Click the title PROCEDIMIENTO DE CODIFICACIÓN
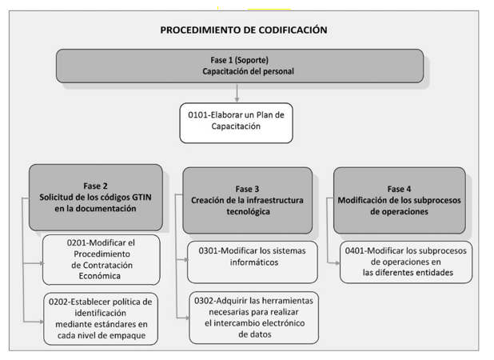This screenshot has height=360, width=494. pos(243,30)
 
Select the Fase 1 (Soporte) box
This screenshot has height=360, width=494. pos(239,66)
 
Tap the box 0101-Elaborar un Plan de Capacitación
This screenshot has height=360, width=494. pos(236,121)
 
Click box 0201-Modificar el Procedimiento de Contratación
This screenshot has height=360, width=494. pos(101,259)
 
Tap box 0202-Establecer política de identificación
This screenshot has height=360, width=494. pos(101,318)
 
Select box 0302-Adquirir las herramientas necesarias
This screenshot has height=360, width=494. pos(253,315)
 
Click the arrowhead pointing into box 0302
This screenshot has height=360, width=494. pos(186,318)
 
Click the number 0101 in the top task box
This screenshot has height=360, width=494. pos(201,114)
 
